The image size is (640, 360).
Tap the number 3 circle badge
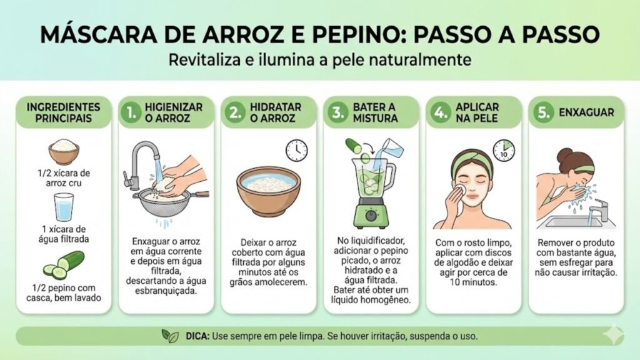point(337,112)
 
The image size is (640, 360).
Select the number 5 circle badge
point(543,112)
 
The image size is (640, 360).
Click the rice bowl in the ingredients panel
point(64,151)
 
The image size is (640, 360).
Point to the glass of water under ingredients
point(64,207)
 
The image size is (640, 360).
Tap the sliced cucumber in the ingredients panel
point(64,265)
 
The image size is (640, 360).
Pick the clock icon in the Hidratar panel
point(296,150)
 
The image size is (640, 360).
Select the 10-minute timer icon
point(503,150)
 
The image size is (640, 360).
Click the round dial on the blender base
point(371,215)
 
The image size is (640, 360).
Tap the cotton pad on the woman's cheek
point(461,189)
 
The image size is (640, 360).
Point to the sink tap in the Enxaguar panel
point(598,209)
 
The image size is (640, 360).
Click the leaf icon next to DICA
point(170,336)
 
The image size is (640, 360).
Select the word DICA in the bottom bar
point(197,336)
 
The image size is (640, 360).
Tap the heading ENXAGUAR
point(586,112)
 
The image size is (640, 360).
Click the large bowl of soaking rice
point(269,191)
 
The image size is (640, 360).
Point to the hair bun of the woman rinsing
point(565,155)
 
